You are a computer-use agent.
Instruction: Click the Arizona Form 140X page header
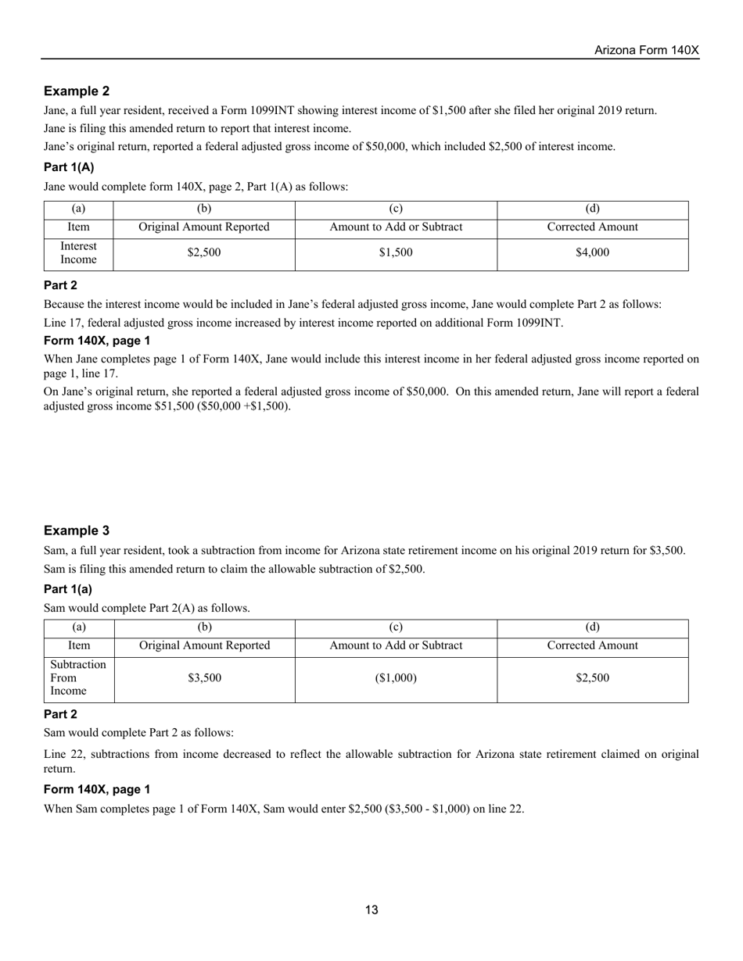(x=646, y=50)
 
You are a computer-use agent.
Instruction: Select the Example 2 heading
(x=77, y=91)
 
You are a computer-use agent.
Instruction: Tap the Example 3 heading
(x=77, y=531)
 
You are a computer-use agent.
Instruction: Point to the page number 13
(x=371, y=909)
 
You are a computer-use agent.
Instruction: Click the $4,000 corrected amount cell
(x=592, y=252)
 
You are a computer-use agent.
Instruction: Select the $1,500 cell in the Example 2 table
(x=396, y=252)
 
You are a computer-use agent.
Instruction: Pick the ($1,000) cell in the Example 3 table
(x=396, y=678)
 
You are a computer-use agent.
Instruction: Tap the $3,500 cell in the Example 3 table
(x=204, y=678)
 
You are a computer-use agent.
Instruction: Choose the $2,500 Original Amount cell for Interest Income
(x=204, y=252)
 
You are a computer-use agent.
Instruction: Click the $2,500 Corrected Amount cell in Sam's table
(x=592, y=678)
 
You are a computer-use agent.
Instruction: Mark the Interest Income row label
(x=78, y=252)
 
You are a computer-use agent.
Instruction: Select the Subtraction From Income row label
(x=78, y=678)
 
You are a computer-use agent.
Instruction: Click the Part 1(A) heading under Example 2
(x=69, y=167)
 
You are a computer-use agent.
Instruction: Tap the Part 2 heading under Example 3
(x=60, y=714)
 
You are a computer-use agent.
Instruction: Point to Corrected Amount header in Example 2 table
(x=592, y=227)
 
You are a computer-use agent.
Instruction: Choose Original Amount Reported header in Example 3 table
(x=204, y=645)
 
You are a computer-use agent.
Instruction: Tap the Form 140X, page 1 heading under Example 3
(x=97, y=789)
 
